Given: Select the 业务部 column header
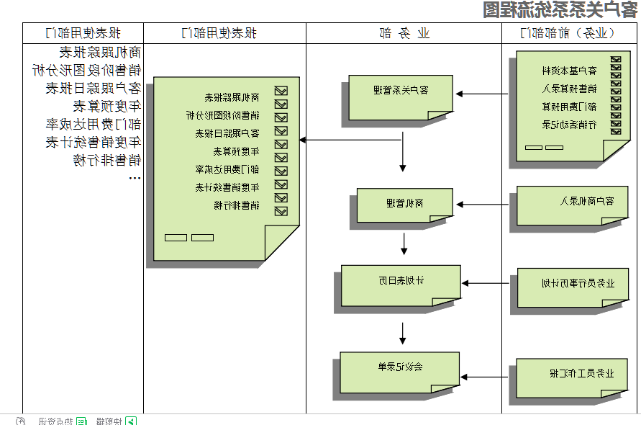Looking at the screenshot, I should [x=404, y=33].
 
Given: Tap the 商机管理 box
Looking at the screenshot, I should [x=404, y=204].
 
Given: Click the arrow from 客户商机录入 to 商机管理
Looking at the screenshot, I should [x=483, y=205].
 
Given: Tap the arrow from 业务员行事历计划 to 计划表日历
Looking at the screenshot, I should [x=486, y=283].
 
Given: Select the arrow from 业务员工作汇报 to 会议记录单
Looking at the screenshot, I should [x=486, y=376].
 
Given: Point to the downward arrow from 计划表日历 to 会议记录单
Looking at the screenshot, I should [x=403, y=332].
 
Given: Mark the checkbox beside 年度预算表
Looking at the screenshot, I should [x=281, y=151].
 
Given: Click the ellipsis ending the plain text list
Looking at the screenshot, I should [x=135, y=176].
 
